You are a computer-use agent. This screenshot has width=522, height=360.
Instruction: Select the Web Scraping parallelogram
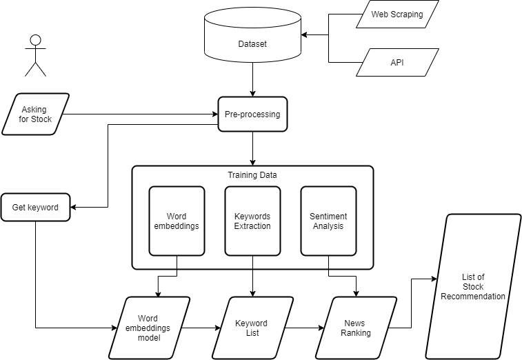[x=397, y=14]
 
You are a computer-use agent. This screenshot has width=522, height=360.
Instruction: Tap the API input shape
[x=397, y=62]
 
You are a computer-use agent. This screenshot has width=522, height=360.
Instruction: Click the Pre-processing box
[x=252, y=114]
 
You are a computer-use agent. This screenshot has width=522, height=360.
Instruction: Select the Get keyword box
[x=35, y=207]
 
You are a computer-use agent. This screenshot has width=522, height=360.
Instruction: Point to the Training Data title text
[x=252, y=175]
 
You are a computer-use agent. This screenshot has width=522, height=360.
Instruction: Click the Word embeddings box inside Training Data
[x=177, y=221]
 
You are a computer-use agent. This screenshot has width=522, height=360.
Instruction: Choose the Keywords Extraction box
[x=252, y=221]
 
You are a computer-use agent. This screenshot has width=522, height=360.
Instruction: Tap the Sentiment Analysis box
[x=328, y=221]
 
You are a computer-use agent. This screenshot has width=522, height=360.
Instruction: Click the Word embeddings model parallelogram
[x=152, y=328]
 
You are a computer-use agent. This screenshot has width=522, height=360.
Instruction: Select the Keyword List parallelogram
[x=251, y=328]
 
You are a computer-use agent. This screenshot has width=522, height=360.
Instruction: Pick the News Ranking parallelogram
[x=356, y=328]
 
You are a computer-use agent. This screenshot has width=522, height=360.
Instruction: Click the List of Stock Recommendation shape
[x=473, y=286]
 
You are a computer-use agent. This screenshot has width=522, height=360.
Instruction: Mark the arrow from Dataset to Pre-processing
[x=252, y=79]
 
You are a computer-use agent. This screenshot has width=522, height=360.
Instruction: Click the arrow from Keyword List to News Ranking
[x=303, y=328]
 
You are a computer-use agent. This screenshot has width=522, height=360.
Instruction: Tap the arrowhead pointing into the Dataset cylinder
[x=304, y=34]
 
